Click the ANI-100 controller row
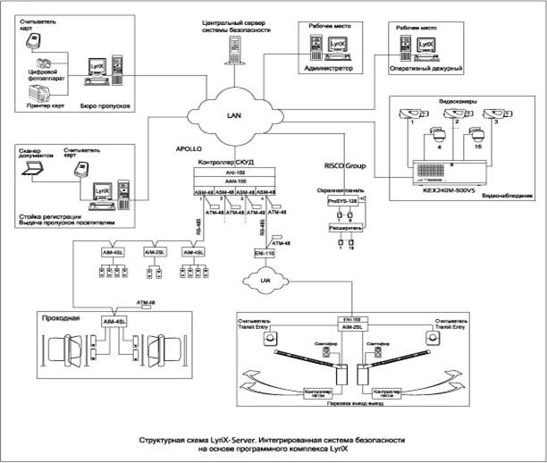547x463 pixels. pos(237,173)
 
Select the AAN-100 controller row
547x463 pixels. pos(237,181)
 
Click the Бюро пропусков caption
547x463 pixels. pos(113,105)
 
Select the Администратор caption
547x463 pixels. pos(329,68)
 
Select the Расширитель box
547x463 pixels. pos(343,228)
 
